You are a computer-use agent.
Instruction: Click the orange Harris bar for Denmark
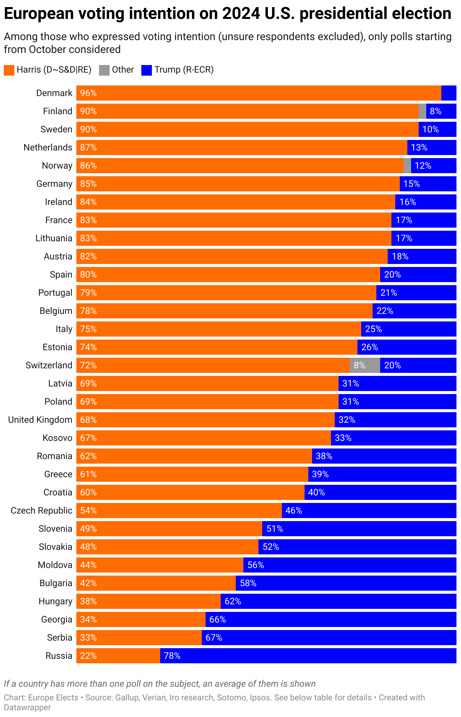click(x=259, y=93)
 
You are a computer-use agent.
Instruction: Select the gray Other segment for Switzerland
click(x=365, y=365)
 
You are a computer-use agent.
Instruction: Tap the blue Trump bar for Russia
click(x=308, y=656)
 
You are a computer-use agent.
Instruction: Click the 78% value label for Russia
click(x=172, y=656)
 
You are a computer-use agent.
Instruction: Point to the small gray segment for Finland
click(x=422, y=111)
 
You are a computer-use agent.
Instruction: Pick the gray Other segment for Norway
click(x=407, y=166)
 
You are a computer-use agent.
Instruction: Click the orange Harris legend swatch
click(x=9, y=70)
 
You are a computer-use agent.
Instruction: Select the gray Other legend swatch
click(x=104, y=70)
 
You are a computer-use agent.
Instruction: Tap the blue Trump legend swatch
click(x=147, y=70)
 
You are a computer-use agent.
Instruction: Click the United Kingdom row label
click(x=40, y=420)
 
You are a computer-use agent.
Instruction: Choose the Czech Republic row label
click(x=42, y=511)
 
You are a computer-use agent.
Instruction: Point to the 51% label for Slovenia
click(x=275, y=529)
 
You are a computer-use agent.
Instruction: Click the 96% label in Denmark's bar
click(x=88, y=93)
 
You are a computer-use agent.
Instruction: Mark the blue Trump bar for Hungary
click(x=338, y=601)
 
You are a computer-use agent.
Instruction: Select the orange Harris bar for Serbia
click(x=139, y=638)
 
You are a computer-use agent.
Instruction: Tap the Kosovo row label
click(x=57, y=438)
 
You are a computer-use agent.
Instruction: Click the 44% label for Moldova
click(x=88, y=565)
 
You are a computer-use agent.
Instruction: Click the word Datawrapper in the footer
click(x=27, y=707)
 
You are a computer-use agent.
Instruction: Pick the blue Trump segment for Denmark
click(x=449, y=93)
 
